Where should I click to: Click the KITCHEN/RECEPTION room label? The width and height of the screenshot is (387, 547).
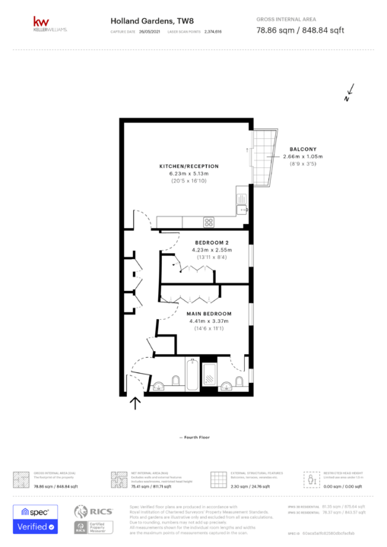pos(189,166)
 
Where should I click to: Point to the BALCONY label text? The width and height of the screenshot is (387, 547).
pos(303,149)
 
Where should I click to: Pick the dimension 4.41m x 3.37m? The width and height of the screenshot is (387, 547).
pos(209,321)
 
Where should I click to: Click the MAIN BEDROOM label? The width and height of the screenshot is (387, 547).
pos(209,313)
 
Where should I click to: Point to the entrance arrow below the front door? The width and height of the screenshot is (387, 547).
pos(136,403)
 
